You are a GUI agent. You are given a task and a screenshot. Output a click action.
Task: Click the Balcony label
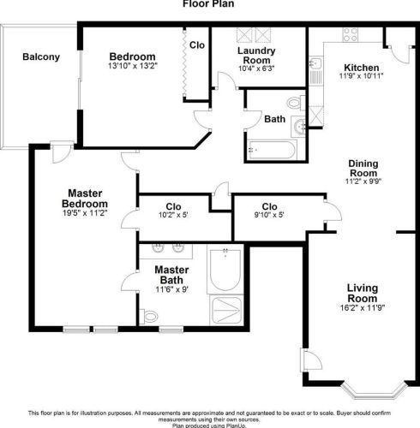40,57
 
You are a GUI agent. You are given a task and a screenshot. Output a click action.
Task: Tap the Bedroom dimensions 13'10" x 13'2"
133,65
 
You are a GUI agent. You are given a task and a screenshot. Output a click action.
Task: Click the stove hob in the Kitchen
350,34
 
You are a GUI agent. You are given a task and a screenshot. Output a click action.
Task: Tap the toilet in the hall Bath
294,104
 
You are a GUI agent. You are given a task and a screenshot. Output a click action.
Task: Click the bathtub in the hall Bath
270,152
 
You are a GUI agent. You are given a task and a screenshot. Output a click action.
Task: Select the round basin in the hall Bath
298,128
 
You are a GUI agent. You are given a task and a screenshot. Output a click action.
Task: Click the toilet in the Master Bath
150,317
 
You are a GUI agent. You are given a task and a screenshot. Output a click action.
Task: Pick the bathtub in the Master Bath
225,270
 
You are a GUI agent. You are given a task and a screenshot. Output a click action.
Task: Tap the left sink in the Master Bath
159,250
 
